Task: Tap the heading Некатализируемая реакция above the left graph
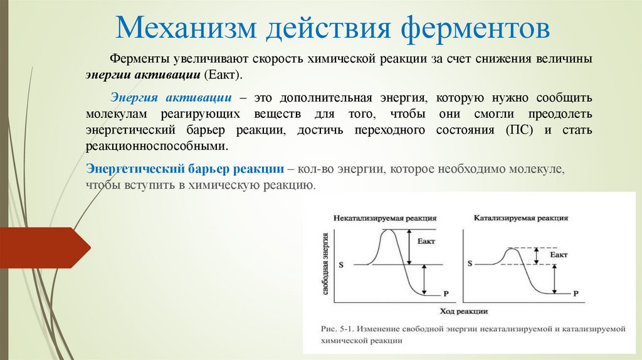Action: (385, 218)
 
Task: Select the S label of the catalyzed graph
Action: (468, 265)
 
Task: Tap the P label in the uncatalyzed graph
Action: (446, 294)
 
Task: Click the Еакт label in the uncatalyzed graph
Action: (424, 241)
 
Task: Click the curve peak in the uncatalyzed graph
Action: (390, 230)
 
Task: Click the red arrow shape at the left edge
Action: (44, 248)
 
